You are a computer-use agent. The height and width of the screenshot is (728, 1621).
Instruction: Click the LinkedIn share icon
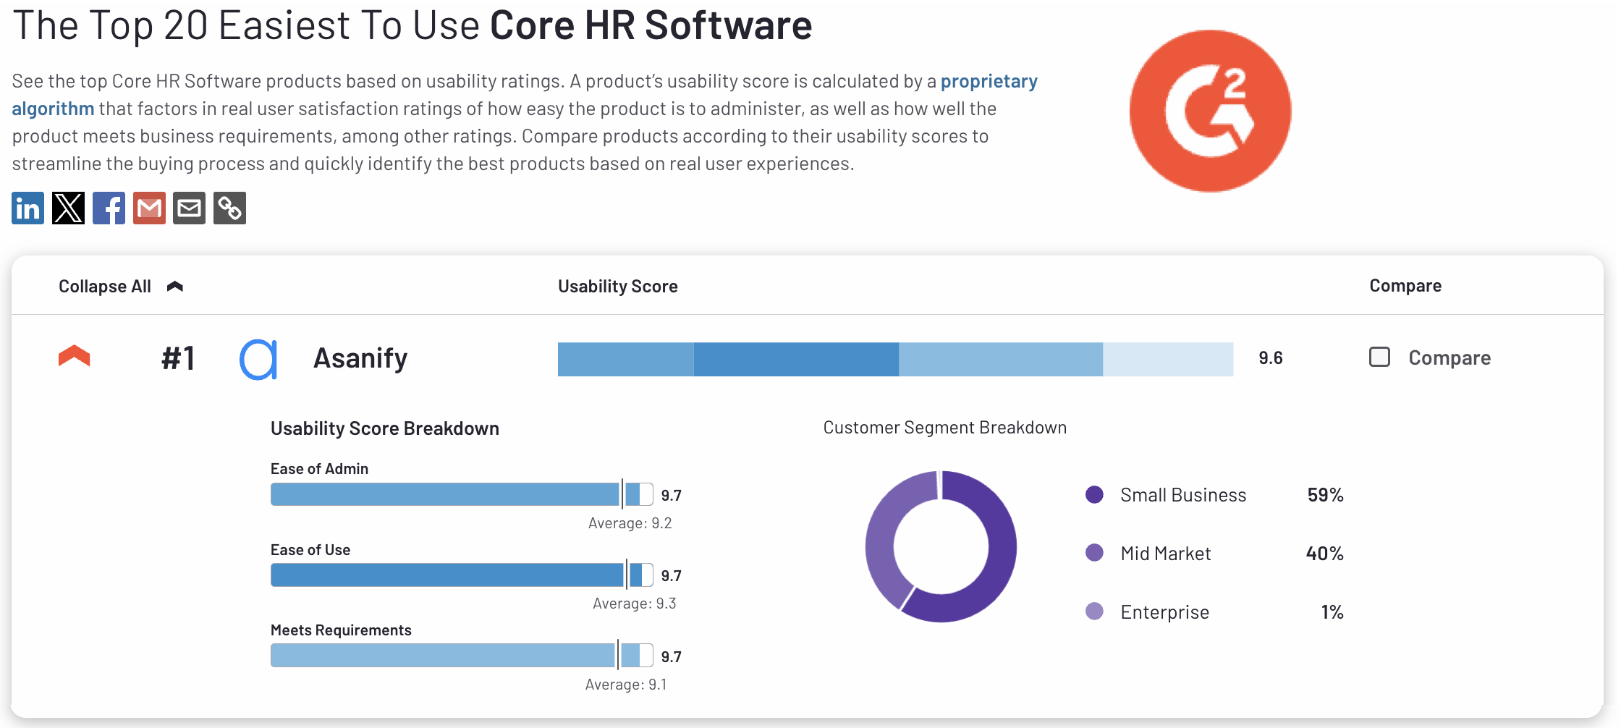click(27, 208)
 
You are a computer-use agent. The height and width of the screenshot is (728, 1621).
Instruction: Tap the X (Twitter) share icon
click(68, 208)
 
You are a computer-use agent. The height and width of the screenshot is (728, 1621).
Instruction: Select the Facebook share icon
click(109, 208)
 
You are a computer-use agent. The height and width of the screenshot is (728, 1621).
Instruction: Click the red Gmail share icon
click(149, 208)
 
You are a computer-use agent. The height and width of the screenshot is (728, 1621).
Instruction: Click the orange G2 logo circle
click(1210, 111)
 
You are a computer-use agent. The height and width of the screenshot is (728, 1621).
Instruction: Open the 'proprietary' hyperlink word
click(989, 81)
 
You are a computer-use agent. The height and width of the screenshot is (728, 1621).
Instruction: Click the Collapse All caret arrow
click(175, 287)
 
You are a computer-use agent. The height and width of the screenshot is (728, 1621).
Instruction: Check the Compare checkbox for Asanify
click(1379, 357)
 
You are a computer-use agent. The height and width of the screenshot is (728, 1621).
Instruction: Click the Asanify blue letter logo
click(258, 359)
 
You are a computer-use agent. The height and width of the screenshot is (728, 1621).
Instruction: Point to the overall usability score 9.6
click(1270, 358)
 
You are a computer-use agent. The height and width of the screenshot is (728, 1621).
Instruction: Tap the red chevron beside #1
click(74, 356)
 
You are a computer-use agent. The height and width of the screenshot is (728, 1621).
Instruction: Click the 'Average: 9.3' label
click(634, 604)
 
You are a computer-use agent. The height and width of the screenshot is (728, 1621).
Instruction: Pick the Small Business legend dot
click(1094, 495)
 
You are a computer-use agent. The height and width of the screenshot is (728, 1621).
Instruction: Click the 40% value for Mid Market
click(1324, 554)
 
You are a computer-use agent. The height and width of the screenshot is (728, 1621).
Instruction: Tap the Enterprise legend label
click(1164, 612)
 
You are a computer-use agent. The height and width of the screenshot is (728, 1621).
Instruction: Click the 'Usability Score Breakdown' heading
click(384, 428)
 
